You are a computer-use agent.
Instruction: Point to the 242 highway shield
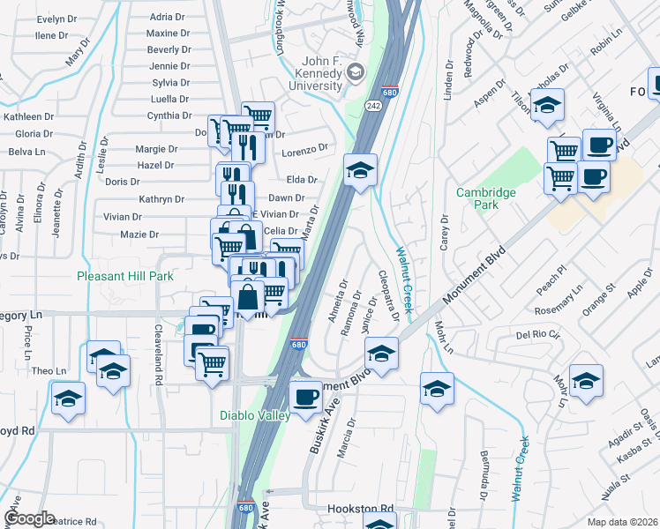coord(371,105)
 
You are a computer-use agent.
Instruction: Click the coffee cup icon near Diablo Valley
coord(306,397)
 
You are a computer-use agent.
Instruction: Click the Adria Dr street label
coord(168,17)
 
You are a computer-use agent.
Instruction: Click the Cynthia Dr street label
coord(169,115)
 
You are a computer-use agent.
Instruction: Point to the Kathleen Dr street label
coord(29,116)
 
